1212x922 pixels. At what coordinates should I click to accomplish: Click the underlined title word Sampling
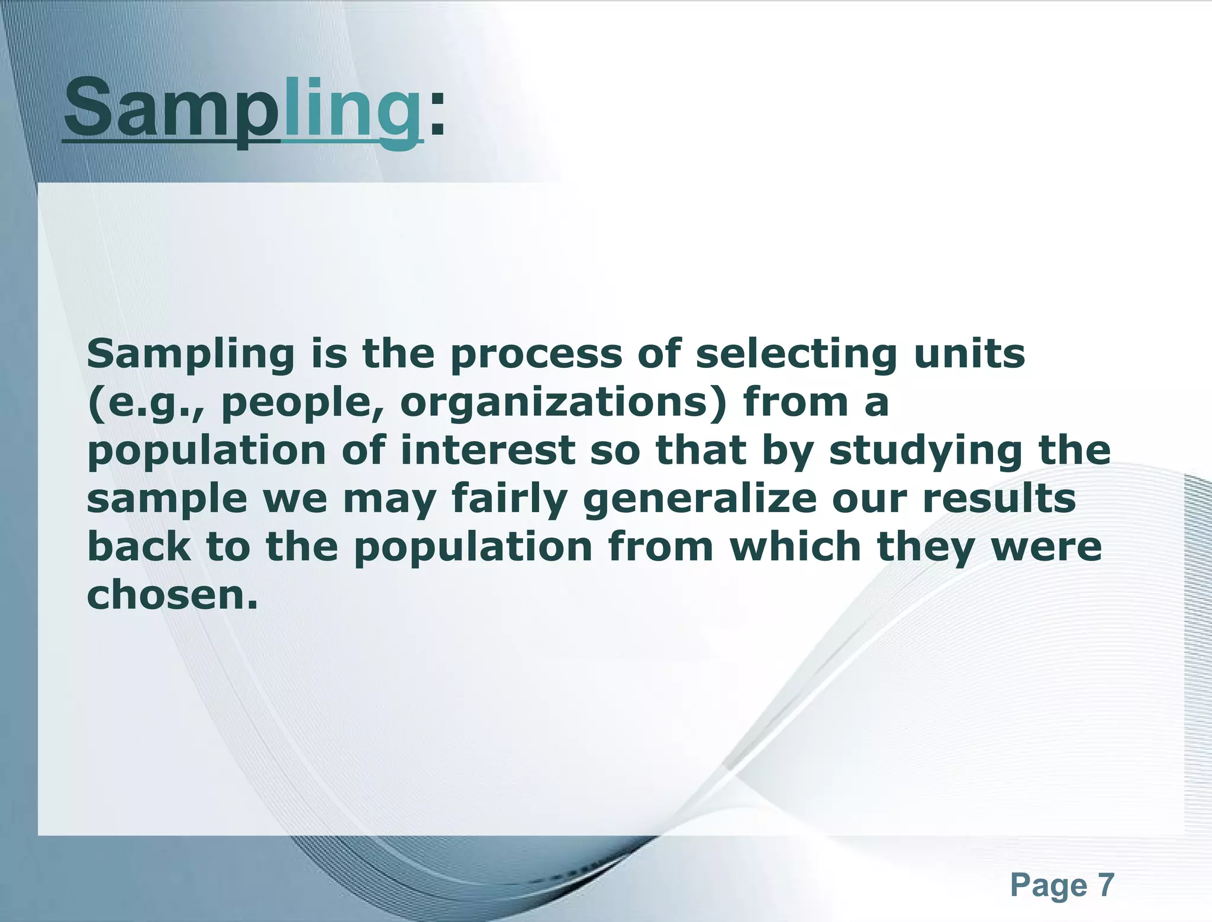(x=243, y=109)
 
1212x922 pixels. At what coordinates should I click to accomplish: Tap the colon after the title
(x=436, y=112)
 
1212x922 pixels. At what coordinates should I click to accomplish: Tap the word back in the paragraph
(x=139, y=546)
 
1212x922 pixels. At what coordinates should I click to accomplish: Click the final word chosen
(x=172, y=595)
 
